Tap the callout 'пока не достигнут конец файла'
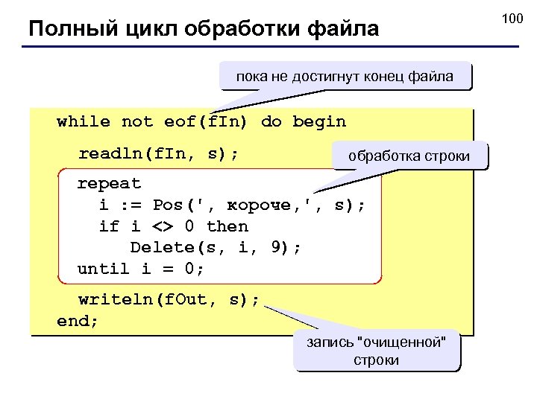pyautogui.click(x=345, y=76)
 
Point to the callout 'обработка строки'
pyautogui.click(x=410, y=156)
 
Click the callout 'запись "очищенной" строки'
pyautogui.click(x=377, y=351)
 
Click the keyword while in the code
pyautogui.click(x=84, y=121)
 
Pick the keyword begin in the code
pyautogui.click(x=319, y=121)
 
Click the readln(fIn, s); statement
pyautogui.click(x=159, y=154)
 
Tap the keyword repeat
pyautogui.click(x=110, y=183)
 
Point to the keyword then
pyautogui.click(x=227, y=226)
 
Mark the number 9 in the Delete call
pyautogui.click(x=275, y=247)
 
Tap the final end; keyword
pyautogui.click(x=78, y=322)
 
